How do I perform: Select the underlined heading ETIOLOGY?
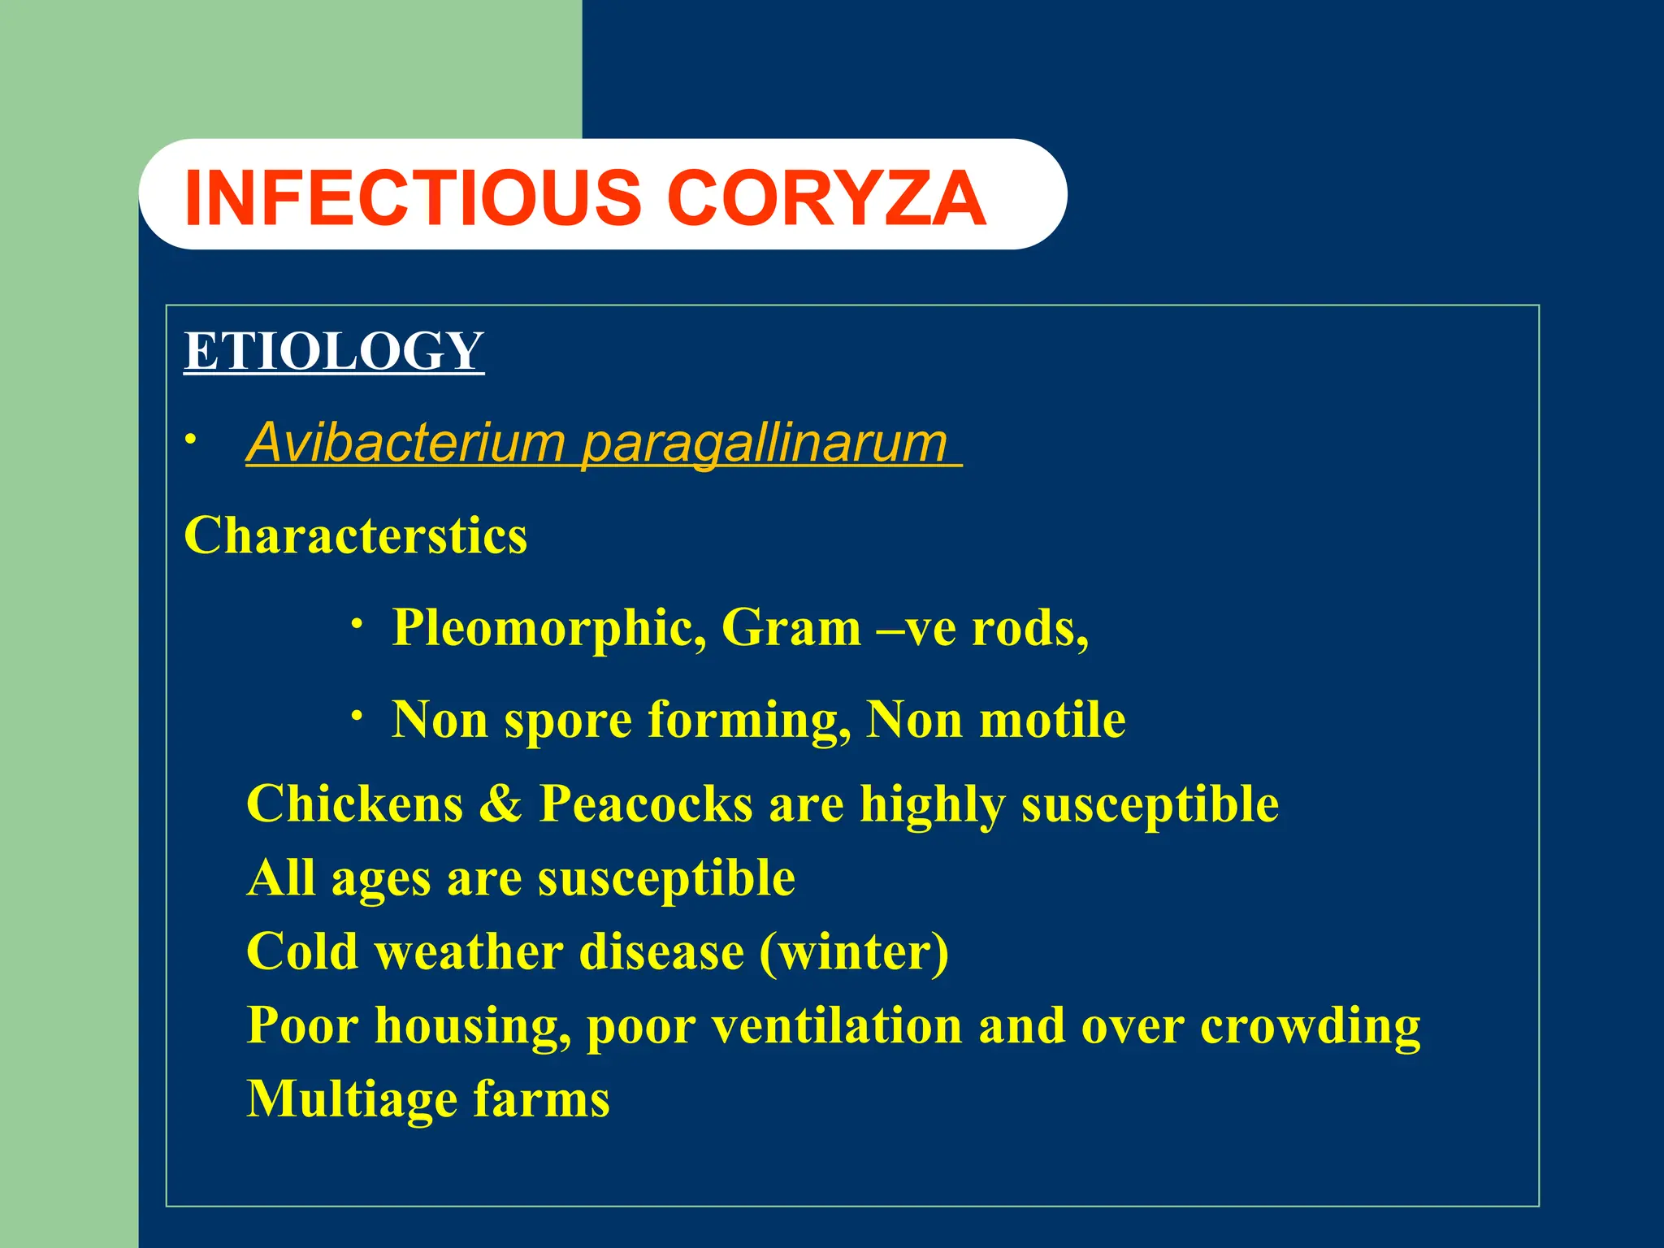[x=334, y=351]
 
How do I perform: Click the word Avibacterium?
[x=405, y=443]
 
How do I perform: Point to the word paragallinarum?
[x=765, y=444]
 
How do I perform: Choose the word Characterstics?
[x=356, y=535]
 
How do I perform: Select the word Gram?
[x=791, y=628]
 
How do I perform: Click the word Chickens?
[x=354, y=804]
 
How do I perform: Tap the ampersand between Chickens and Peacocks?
[x=500, y=804]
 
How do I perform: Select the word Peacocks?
[x=646, y=804]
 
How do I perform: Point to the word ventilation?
[x=838, y=1025]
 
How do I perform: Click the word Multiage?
[x=352, y=1100]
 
